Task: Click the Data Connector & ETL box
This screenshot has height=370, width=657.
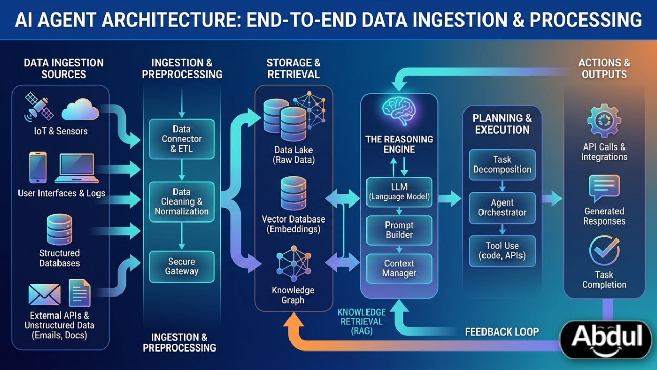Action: pos(182,139)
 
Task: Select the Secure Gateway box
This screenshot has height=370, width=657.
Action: pos(182,267)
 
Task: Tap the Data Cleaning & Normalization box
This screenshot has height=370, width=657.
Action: pos(182,201)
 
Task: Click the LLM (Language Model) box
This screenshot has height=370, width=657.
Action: pos(399,191)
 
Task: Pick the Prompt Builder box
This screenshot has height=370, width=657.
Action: pos(399,230)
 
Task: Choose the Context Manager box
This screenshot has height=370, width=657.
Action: pos(399,268)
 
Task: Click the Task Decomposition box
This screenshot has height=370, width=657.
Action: pos(502,164)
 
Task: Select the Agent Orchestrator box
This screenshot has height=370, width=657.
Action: pos(502,207)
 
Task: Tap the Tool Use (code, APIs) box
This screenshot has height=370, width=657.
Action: pos(502,251)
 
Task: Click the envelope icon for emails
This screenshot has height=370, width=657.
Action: pos(44,294)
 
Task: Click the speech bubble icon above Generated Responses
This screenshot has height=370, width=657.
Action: pos(604,188)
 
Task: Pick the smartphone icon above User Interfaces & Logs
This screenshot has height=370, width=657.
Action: pos(37,168)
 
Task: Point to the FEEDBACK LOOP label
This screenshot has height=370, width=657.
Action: pos(501,331)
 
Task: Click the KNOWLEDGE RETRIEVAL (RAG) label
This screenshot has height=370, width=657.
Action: pos(361,322)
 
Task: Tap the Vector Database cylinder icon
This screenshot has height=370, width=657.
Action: pos(294,194)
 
